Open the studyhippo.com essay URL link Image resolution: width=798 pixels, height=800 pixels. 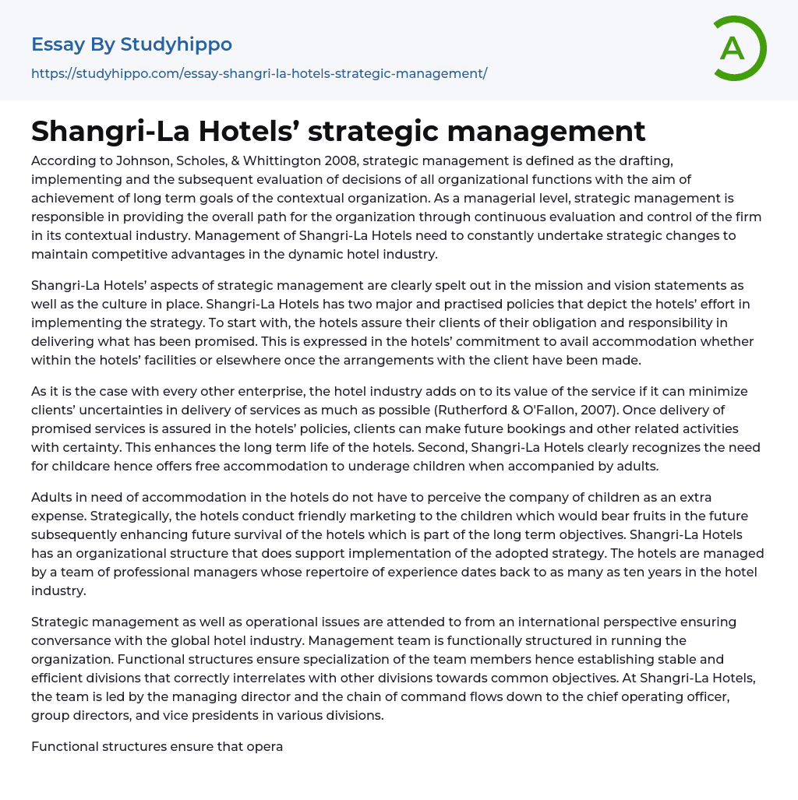pos(259,73)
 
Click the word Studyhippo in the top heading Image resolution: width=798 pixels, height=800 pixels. pos(176,44)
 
